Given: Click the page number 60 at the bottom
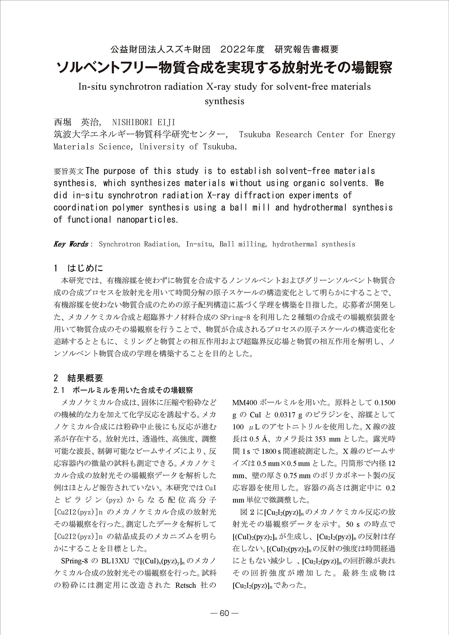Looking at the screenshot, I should click(x=224, y=613).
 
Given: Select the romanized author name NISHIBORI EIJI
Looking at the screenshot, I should click(x=144, y=122).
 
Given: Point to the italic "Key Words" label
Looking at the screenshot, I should click(x=71, y=244).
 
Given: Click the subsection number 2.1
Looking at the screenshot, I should click(x=59, y=390).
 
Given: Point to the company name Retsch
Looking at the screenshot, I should click(x=185, y=585).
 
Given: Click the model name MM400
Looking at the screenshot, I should click(x=244, y=403).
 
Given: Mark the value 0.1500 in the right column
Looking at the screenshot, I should click(x=385, y=403).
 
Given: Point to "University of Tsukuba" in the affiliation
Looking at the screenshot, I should click(x=188, y=147).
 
